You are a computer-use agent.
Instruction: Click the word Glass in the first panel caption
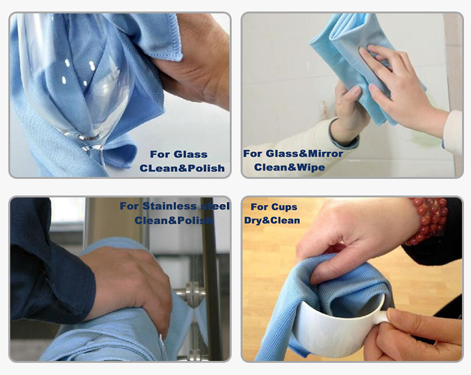[191, 154]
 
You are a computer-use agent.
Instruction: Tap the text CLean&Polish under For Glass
[182, 168]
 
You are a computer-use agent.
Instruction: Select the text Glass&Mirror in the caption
[304, 154]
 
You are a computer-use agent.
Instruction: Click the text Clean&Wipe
[289, 167]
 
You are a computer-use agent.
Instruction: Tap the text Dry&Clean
[272, 220]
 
